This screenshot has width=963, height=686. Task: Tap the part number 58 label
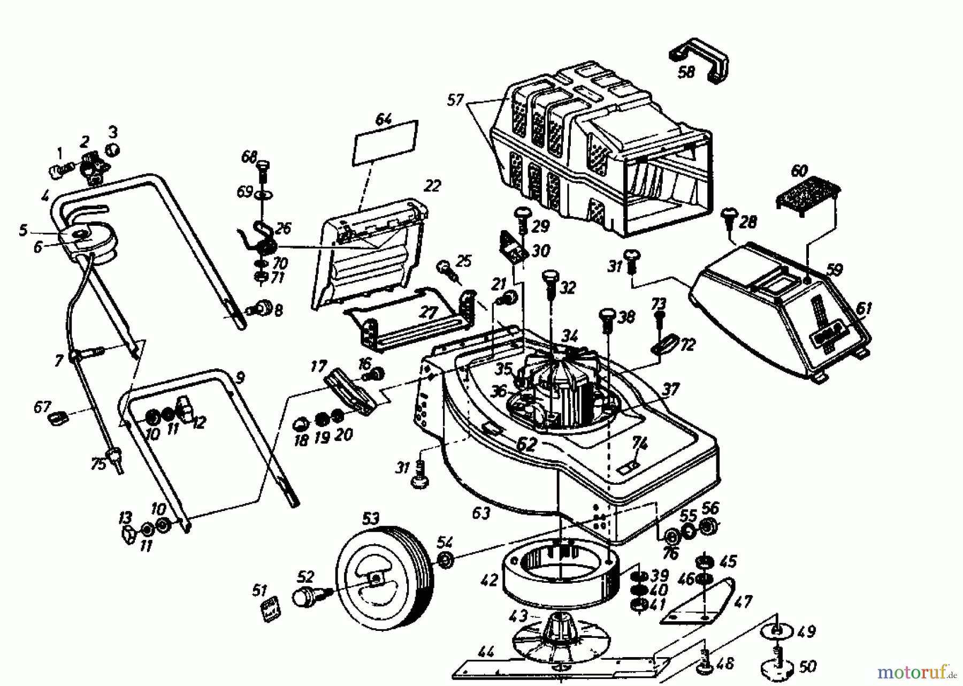[686, 72]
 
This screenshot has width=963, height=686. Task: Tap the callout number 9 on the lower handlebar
[240, 378]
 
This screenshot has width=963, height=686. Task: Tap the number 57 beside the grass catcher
[455, 100]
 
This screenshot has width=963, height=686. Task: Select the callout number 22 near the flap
[432, 186]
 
